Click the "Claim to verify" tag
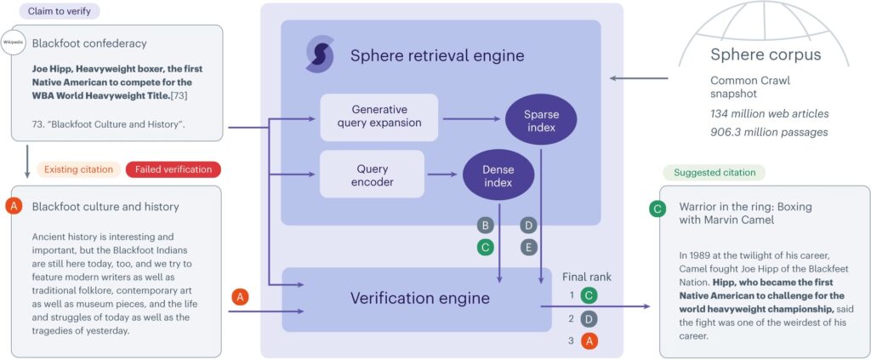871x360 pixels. [60, 10]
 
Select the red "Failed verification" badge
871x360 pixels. [174, 169]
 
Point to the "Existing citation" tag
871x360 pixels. [78, 169]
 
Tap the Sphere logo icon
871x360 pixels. [320, 54]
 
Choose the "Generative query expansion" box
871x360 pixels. [379, 117]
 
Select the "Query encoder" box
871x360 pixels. [372, 174]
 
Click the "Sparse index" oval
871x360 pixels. [541, 121]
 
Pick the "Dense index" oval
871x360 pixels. [498, 175]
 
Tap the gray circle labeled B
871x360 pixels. [486, 225]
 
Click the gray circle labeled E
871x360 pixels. [529, 247]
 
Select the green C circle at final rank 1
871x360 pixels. [589, 295]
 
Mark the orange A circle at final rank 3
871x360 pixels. [589, 340]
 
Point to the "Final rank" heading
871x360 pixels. [587, 277]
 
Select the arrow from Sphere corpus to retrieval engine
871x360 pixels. [639, 78]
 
